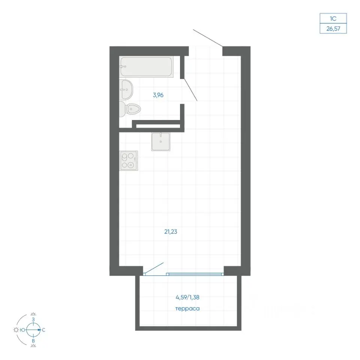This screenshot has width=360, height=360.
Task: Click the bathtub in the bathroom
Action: [x=146, y=67]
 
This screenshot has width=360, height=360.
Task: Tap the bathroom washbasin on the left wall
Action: [x=126, y=90]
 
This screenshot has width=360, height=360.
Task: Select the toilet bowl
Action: [x=130, y=109]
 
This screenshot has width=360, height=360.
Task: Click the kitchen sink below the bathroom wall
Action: [x=161, y=142]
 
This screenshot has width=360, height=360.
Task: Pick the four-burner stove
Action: [x=129, y=161]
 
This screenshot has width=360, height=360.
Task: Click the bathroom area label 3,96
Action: [x=158, y=95]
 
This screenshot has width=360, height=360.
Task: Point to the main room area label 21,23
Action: [x=171, y=232]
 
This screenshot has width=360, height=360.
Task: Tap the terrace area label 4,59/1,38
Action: [x=187, y=297]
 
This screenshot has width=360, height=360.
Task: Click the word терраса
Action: [x=187, y=309]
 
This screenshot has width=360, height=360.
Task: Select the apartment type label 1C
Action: [x=333, y=19]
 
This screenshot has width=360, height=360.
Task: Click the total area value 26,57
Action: [x=333, y=29]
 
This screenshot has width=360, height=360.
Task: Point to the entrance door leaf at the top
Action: [x=208, y=38]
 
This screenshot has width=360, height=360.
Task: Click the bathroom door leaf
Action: [x=190, y=90]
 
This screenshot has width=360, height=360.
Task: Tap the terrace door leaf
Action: [x=154, y=268]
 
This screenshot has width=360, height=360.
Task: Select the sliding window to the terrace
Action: [x=195, y=274]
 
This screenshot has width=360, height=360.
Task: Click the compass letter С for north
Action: [x=43, y=330]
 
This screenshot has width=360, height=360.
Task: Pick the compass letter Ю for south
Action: [x=22, y=330]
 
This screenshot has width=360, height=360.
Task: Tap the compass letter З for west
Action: [x=33, y=319]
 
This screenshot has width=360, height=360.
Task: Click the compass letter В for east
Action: [x=33, y=341]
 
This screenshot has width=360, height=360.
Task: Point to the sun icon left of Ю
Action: [x=16, y=330]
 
